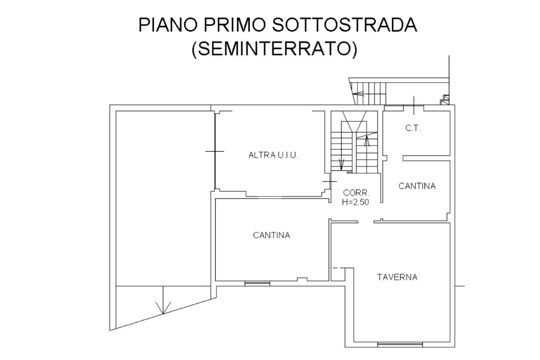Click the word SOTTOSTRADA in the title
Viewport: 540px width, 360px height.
click(x=344, y=25)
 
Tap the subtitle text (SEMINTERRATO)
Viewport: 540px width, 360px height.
click(x=274, y=48)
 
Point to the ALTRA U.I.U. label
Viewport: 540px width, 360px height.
click(x=274, y=155)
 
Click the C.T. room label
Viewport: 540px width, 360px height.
click(x=413, y=129)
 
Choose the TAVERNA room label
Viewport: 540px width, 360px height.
click(x=397, y=277)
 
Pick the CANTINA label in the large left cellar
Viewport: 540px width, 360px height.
click(x=272, y=235)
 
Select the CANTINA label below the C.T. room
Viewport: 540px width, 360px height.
click(x=417, y=186)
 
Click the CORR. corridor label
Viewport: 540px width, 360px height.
click(x=356, y=193)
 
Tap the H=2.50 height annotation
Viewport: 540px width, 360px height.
click(x=355, y=202)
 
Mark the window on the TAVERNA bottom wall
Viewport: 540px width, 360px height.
click(x=400, y=344)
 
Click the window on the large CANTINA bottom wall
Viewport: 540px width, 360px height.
click(x=257, y=283)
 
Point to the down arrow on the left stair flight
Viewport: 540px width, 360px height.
click(x=341, y=164)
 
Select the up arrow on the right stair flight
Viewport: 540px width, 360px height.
click(x=367, y=141)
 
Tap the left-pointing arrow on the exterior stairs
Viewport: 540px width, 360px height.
click(x=358, y=93)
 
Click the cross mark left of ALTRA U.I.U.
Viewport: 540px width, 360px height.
click(x=215, y=151)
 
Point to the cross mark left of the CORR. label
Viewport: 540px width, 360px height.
click(x=330, y=181)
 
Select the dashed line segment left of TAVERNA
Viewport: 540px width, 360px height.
click(x=337, y=268)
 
